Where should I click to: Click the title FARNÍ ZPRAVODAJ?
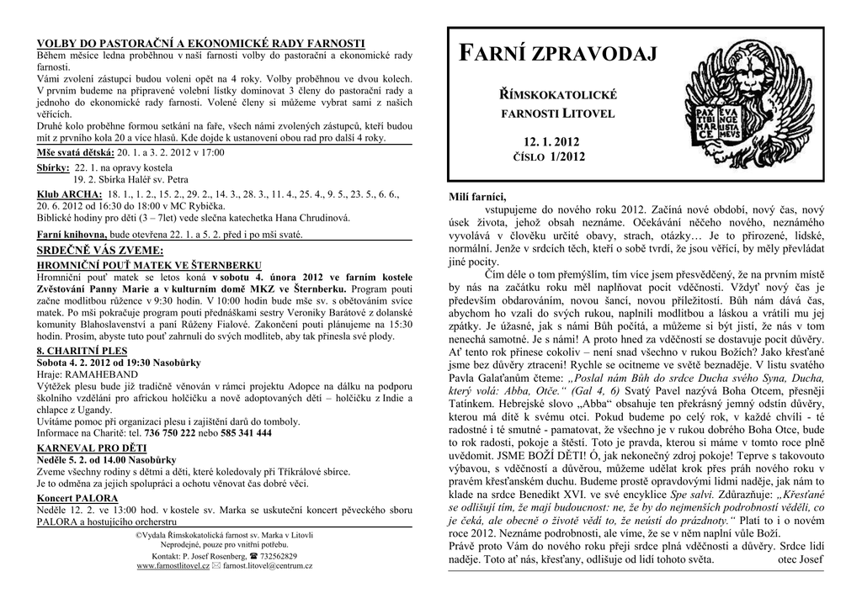556,56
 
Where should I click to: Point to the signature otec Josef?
801,559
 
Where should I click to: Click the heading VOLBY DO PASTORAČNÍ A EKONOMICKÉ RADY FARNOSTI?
200,42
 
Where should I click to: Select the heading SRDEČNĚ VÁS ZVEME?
100,251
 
